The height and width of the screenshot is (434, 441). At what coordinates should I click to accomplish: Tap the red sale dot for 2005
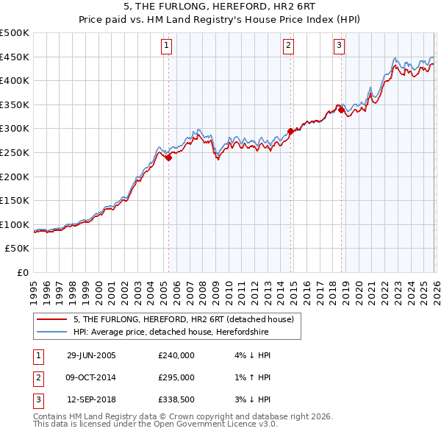[x=169, y=157]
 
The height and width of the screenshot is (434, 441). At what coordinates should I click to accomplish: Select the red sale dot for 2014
[x=290, y=131]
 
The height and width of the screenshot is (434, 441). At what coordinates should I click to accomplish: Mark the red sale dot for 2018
[x=341, y=110]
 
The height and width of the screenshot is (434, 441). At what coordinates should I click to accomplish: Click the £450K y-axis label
[x=15, y=57]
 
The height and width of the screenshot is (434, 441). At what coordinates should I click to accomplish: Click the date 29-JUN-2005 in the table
[x=91, y=355]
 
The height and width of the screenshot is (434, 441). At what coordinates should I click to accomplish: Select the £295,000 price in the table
[x=176, y=377]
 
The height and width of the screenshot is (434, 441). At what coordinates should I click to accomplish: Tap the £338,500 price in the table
[x=176, y=399]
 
